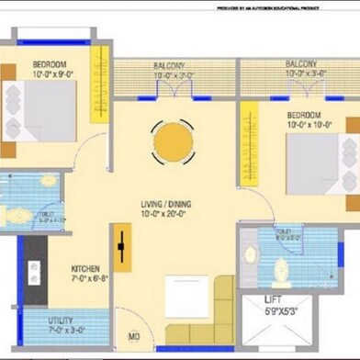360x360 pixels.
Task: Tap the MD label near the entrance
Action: pos(133,337)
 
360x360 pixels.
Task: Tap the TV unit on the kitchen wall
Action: pos(121,249)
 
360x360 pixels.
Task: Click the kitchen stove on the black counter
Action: pos(34,273)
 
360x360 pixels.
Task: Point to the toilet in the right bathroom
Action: pos(280,268)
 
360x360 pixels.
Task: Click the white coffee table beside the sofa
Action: pos(186,297)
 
